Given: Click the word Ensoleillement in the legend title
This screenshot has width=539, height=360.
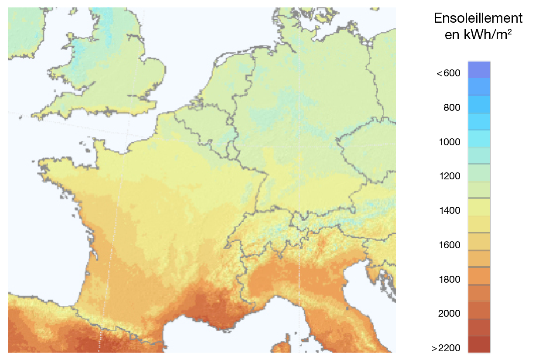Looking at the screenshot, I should (478, 19).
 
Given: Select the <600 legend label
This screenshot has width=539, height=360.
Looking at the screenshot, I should (448, 73).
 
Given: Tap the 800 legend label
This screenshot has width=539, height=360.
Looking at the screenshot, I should (452, 108).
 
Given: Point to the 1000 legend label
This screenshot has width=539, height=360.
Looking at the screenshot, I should (450, 142).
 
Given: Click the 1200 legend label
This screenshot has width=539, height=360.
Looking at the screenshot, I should (450, 176).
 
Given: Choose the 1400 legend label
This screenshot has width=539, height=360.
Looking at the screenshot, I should (450, 211).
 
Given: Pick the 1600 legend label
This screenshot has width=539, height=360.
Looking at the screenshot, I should (450, 245).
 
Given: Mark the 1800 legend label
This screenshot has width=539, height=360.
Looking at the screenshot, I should (450, 279).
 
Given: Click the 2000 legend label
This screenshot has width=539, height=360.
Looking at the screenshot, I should (450, 314).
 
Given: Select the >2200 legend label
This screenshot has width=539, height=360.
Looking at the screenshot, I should (446, 348).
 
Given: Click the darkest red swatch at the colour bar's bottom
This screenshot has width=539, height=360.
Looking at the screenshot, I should (479, 344).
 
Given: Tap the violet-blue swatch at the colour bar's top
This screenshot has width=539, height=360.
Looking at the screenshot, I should (479, 70).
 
